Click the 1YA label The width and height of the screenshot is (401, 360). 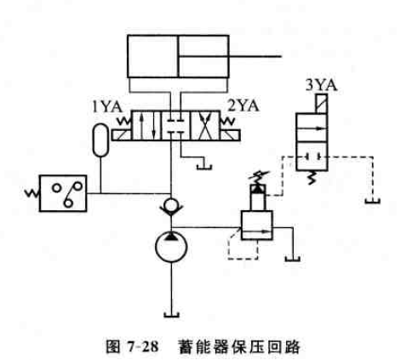coord(107,107)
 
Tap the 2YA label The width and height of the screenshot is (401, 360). coord(243,106)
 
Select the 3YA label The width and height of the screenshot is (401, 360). coord(321,85)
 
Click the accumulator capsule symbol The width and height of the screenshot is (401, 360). coord(100,140)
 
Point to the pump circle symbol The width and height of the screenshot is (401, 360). coord(171,246)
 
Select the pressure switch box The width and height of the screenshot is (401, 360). coord(63,193)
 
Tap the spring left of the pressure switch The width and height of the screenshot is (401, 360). coord(32,193)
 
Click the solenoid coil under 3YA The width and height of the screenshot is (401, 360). coord(321,104)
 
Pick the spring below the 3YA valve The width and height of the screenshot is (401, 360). coord(312,177)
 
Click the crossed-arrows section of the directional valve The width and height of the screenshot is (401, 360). coord(205,126)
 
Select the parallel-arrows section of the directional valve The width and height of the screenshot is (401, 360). coord(146,126)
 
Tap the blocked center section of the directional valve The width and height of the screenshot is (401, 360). coord(176,126)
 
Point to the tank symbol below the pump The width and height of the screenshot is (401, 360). coord(171,315)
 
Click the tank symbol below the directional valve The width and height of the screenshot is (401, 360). coord(204,167)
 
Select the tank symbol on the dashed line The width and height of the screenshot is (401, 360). coord(373,201)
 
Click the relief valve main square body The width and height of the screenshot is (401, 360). coord(257,226)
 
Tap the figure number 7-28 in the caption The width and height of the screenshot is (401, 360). coord(143,346)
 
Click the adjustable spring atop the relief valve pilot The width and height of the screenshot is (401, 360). coord(259,177)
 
